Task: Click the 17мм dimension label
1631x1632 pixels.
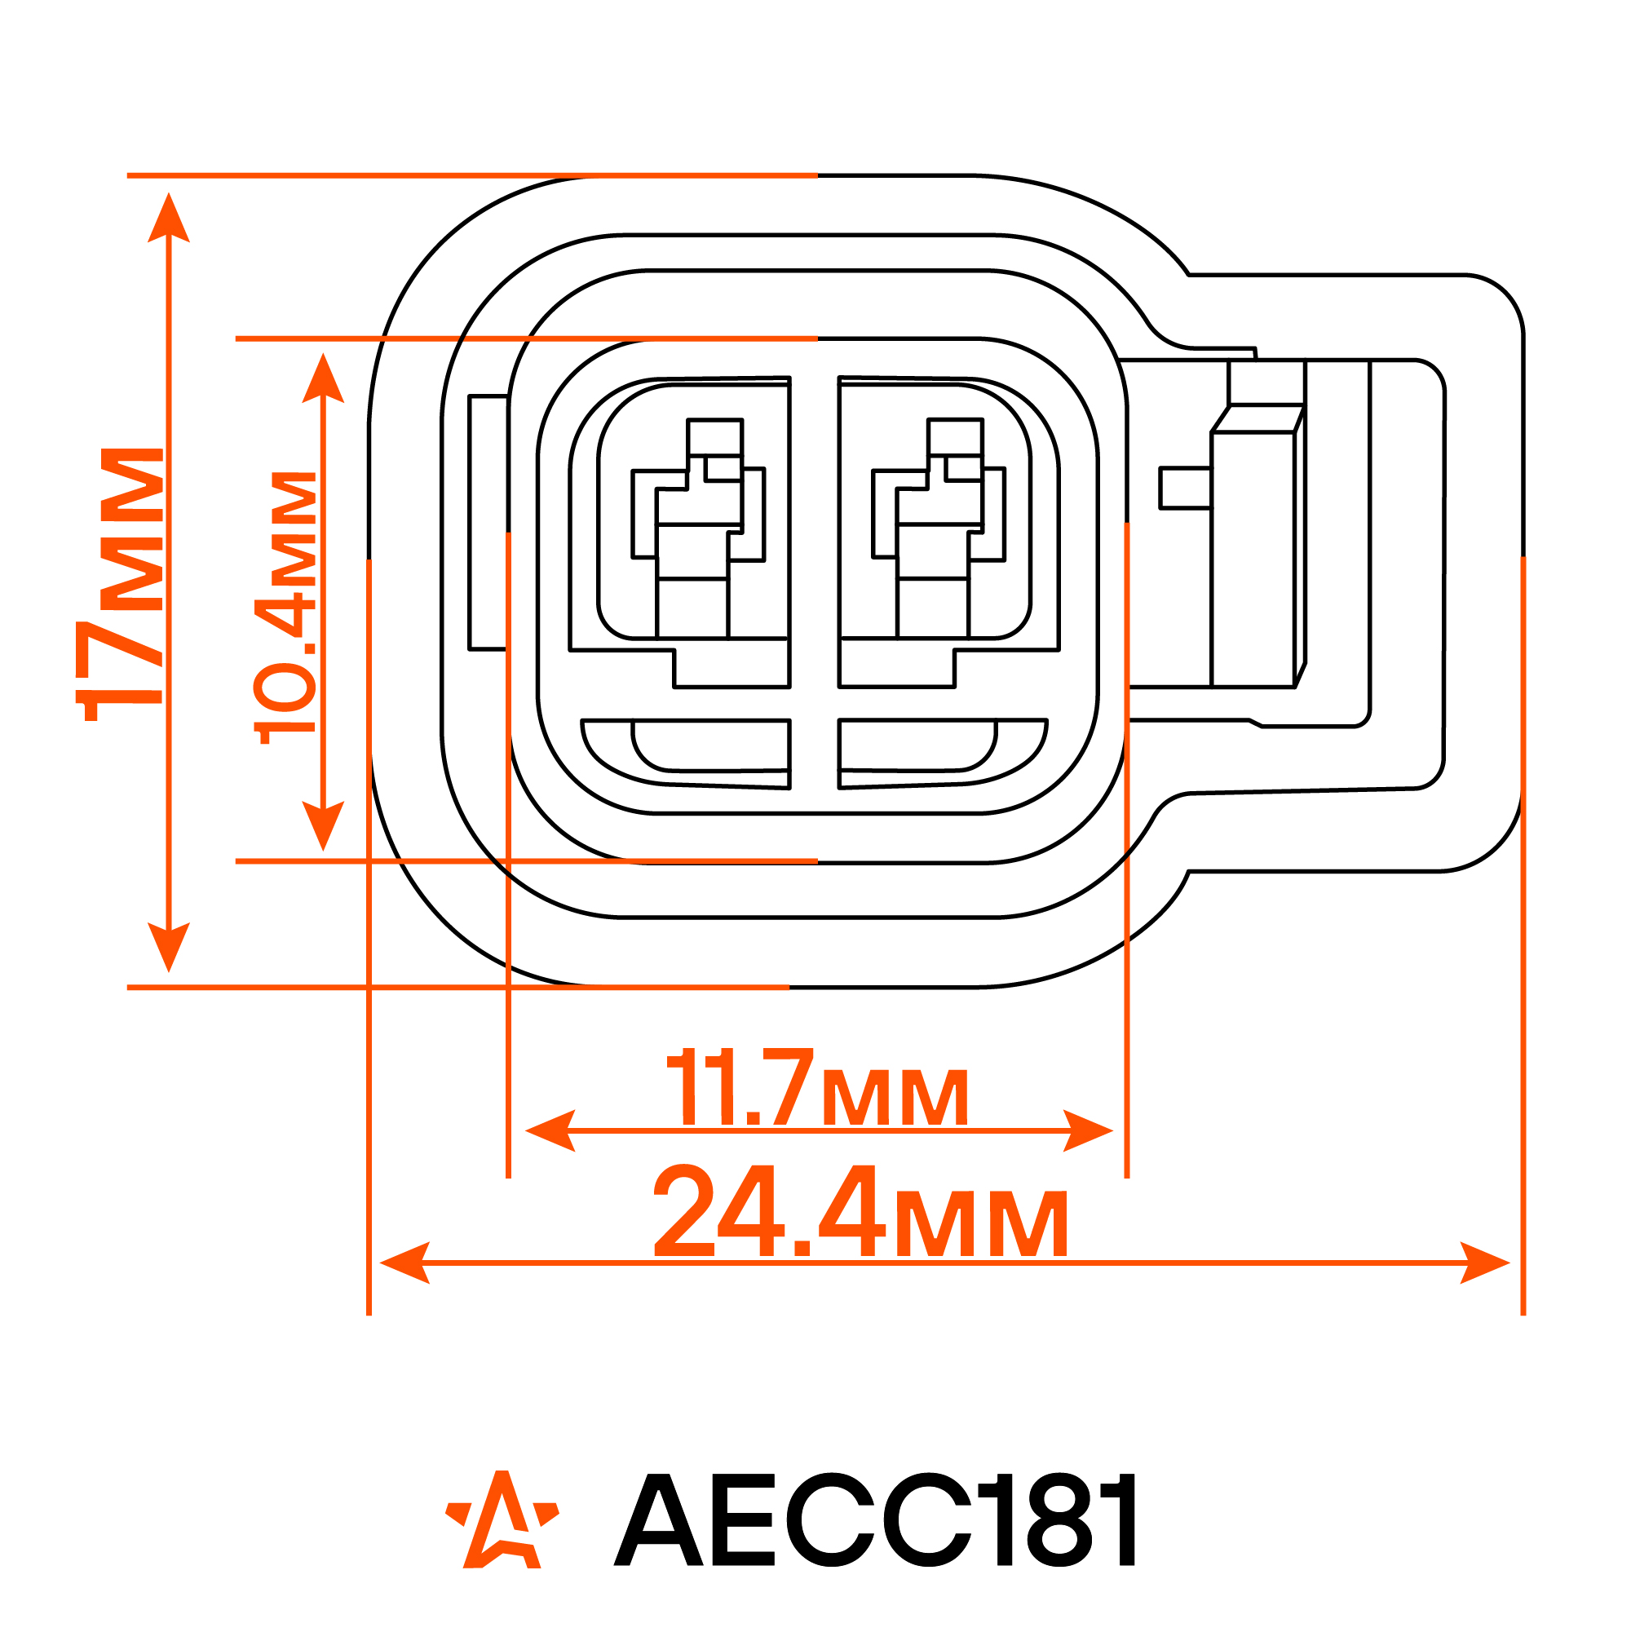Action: pyautogui.click(x=131, y=585)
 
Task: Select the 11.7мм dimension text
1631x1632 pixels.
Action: pyautogui.click(x=817, y=1087)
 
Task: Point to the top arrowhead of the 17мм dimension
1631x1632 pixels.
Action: pyautogui.click(x=169, y=218)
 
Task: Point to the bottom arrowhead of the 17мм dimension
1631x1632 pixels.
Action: pyautogui.click(x=169, y=946)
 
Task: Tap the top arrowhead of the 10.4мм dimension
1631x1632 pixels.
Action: pyautogui.click(x=323, y=378)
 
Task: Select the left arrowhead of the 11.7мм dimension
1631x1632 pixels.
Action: pyautogui.click(x=550, y=1130)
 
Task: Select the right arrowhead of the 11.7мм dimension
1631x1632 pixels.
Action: pyautogui.click(x=1087, y=1130)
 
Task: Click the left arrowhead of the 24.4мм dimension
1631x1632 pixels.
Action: pyautogui.click(x=405, y=1263)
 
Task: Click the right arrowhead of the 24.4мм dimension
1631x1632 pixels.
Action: pyautogui.click(x=1484, y=1263)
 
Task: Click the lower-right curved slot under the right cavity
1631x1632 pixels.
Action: pyautogui.click(x=942, y=752)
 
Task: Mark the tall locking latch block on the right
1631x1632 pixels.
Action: pyautogui.click(x=1253, y=558)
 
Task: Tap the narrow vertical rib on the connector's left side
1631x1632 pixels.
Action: pyautogui.click(x=488, y=522)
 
